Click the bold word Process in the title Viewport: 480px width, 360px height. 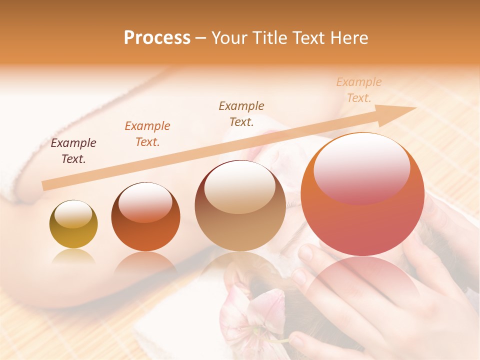[157, 37]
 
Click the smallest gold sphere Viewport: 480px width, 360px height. [73, 224]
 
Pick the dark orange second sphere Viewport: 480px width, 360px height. [145, 216]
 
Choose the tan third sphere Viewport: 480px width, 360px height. [240, 206]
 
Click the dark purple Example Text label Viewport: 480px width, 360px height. [73, 151]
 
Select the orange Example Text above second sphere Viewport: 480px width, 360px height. [147, 134]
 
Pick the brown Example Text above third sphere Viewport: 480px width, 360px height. [241, 114]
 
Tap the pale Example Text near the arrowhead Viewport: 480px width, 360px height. [358, 90]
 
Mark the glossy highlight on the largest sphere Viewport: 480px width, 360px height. [361, 167]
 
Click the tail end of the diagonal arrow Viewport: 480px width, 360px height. [46, 185]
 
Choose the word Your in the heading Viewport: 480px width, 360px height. [229, 37]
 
